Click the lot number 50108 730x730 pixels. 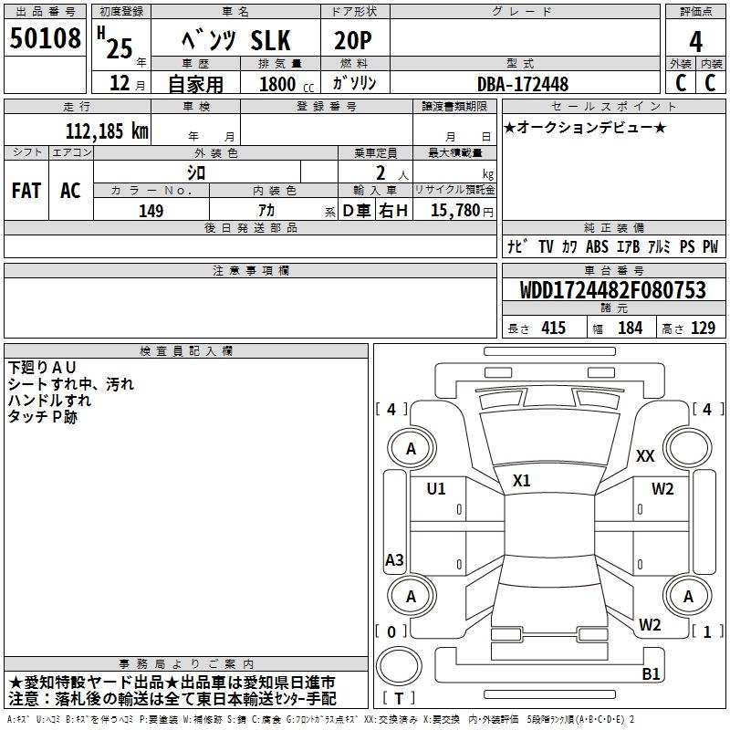tap(45, 38)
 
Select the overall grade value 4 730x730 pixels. tap(695, 41)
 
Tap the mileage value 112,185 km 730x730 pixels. tap(107, 131)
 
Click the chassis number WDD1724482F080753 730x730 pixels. tap(612, 289)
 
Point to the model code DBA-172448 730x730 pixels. tap(522, 84)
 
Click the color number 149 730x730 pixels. tap(151, 211)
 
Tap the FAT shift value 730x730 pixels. tap(26, 191)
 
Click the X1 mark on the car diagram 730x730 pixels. tap(521, 481)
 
